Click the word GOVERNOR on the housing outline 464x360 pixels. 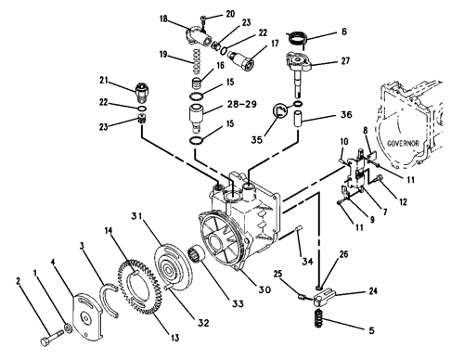[403, 144]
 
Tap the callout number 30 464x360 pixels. [264, 289]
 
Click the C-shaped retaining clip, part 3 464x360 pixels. [109, 300]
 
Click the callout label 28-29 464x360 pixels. [242, 104]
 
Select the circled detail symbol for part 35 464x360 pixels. [280, 110]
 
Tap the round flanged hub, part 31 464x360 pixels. [174, 267]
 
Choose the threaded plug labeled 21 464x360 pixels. [142, 91]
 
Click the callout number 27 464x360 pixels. [345, 60]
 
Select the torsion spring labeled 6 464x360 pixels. [297, 38]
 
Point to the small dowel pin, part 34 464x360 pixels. [300, 228]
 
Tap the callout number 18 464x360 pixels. [163, 19]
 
